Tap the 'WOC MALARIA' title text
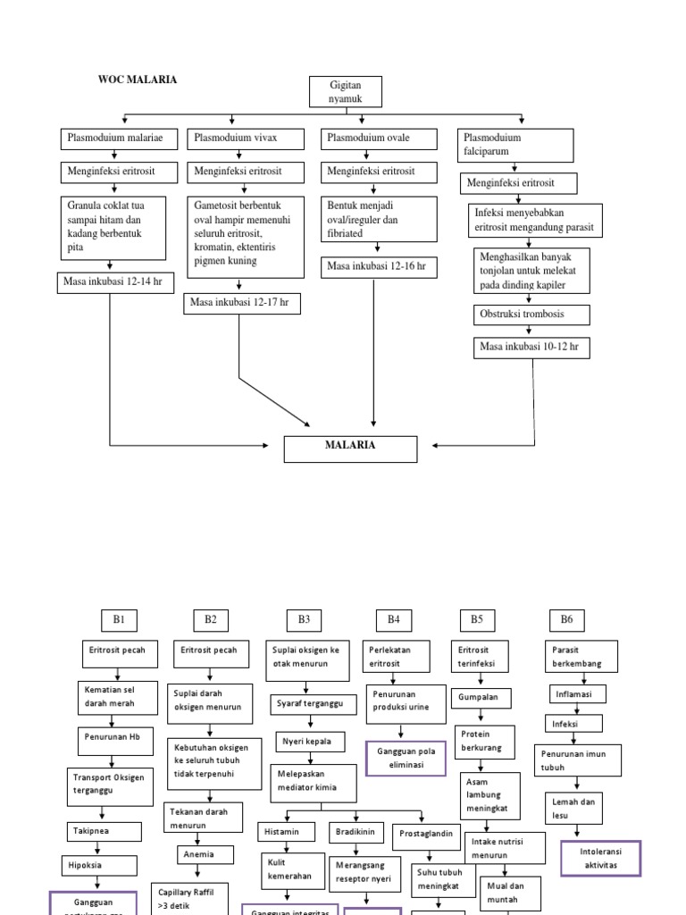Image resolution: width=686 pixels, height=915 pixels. click(x=137, y=80)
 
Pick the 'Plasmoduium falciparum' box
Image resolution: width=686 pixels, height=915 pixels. click(x=515, y=146)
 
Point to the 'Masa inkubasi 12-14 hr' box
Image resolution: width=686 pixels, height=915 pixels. click(x=113, y=281)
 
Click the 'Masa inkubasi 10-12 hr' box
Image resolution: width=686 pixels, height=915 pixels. click(x=531, y=346)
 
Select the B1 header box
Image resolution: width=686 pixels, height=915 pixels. click(x=119, y=618)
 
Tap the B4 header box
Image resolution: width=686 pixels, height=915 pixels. click(x=393, y=618)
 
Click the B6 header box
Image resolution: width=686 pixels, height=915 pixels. click(x=566, y=618)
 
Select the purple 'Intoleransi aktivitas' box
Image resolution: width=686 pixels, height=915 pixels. click(x=600, y=859)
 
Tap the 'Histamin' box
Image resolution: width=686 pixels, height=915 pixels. click(x=287, y=831)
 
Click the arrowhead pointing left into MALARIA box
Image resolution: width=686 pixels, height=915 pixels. click(x=435, y=444)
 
